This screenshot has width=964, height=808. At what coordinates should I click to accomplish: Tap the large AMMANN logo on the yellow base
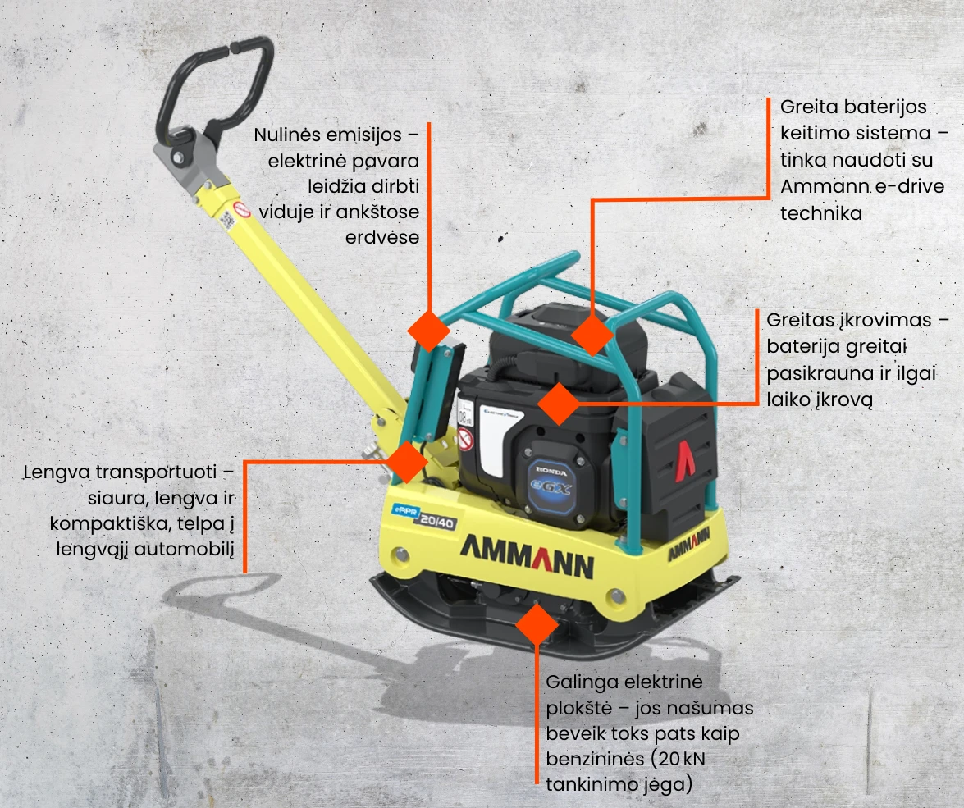click(528, 556)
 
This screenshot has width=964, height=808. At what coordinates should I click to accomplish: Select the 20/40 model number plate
click(438, 522)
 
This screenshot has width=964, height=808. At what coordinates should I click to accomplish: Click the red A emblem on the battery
click(685, 459)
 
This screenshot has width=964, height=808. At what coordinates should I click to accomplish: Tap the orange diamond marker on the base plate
click(537, 624)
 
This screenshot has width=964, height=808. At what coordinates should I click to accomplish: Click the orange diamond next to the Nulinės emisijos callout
click(428, 331)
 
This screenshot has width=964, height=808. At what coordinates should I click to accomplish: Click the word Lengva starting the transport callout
click(57, 472)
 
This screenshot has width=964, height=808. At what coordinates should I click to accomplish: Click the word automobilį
click(184, 549)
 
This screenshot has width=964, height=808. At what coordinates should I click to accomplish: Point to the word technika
click(820, 213)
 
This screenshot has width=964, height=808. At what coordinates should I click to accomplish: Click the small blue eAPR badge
click(406, 511)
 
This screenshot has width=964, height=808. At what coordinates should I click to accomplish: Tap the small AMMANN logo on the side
click(688, 543)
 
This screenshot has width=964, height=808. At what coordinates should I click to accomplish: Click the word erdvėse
click(381, 237)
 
